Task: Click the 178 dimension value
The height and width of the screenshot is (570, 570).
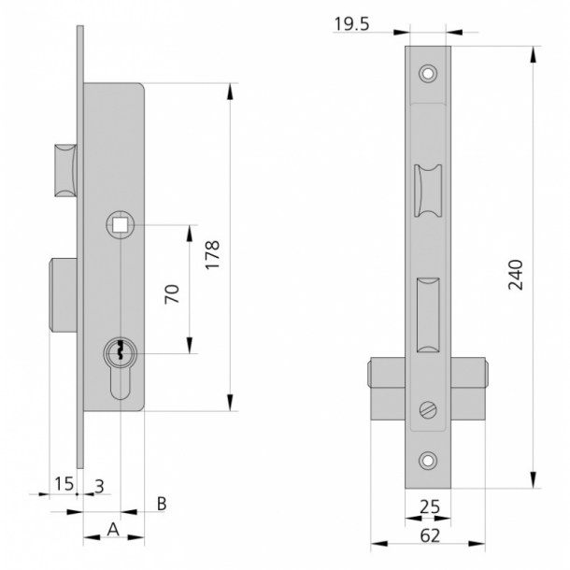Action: click(x=213, y=254)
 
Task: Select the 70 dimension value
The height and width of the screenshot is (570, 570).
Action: click(x=172, y=293)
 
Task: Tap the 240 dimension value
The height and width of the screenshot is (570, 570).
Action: click(x=515, y=275)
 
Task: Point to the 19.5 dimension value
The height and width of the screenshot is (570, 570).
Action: click(x=351, y=24)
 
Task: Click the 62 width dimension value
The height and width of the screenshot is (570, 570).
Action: click(x=430, y=535)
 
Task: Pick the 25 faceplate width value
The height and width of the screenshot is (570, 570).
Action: click(x=430, y=506)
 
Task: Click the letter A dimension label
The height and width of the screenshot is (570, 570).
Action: click(x=113, y=529)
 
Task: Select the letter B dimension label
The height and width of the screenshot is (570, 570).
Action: click(x=162, y=504)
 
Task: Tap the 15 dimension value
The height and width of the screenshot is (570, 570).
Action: click(x=64, y=484)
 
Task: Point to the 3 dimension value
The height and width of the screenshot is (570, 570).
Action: click(x=99, y=487)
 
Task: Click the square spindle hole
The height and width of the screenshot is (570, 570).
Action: click(x=120, y=225)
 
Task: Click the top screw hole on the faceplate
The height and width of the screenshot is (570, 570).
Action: click(x=428, y=74)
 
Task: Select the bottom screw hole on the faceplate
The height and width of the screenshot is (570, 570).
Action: click(x=428, y=461)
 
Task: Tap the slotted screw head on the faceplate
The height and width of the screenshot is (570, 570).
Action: click(x=428, y=410)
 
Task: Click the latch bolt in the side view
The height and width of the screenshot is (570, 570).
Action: click(x=65, y=170)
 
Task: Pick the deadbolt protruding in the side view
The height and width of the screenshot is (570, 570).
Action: click(x=63, y=295)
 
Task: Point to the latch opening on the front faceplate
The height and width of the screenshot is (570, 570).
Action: click(x=428, y=191)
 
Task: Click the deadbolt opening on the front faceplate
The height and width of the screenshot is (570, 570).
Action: click(x=428, y=315)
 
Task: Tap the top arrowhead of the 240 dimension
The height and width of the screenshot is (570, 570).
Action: click(x=533, y=55)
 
